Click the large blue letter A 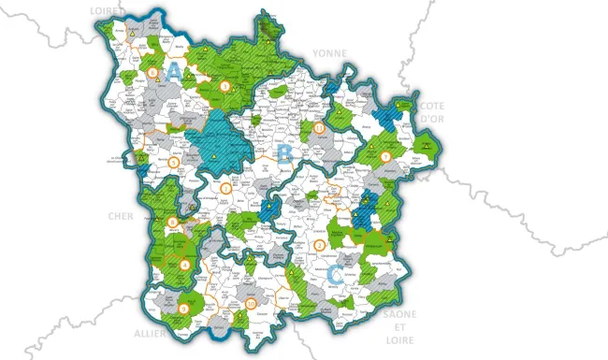point(175,71)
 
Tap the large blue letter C point(336,274)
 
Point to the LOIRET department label point(109,9)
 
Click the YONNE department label point(329,54)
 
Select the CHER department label point(121,216)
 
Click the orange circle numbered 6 point(152,71)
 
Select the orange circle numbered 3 point(225,188)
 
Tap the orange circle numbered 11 point(320,128)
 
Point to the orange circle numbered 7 point(384,154)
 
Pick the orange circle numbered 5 point(174,163)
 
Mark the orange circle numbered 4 point(184,265)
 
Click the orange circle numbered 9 point(184,308)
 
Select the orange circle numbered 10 point(250,305)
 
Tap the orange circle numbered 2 point(320,245)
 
